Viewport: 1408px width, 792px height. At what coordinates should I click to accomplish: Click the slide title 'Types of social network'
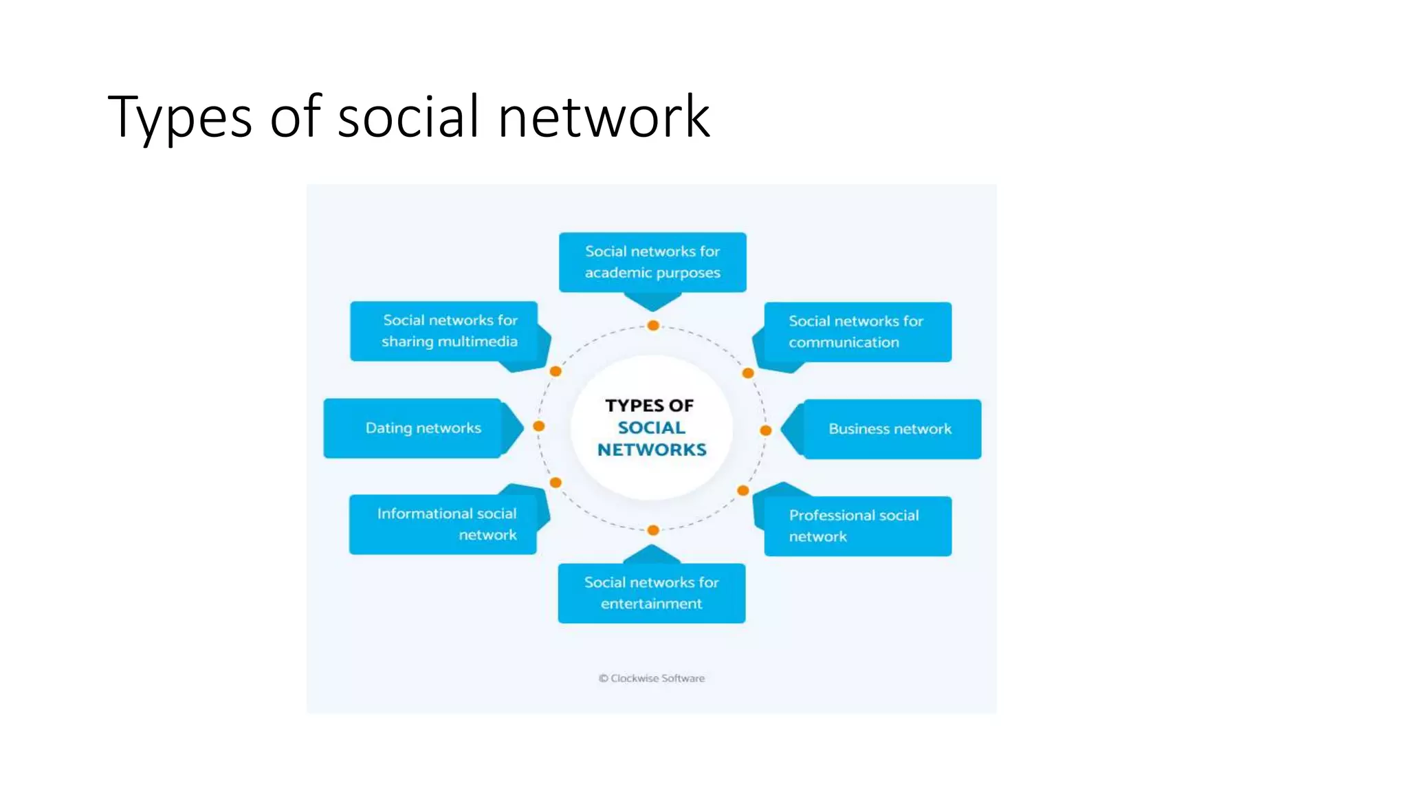coord(408,117)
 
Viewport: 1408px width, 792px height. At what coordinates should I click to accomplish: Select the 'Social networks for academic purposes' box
coord(652,262)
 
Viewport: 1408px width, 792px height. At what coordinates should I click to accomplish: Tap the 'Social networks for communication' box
coord(857,332)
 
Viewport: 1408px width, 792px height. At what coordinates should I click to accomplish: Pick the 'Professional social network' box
coord(857,526)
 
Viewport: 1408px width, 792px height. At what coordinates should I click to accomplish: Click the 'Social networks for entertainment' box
coord(652,593)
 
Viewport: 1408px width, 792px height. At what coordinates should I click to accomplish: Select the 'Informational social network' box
coord(443,525)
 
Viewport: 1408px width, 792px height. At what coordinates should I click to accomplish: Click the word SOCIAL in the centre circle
coord(652,428)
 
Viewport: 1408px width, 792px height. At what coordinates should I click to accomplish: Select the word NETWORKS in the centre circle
coord(652,450)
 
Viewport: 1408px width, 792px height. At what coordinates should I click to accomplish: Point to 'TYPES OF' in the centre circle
coord(650,406)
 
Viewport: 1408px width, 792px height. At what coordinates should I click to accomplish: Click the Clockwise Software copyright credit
coord(652,679)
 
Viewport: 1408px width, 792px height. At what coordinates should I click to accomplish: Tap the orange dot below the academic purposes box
coord(653,325)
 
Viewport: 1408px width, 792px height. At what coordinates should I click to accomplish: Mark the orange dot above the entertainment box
coord(653,530)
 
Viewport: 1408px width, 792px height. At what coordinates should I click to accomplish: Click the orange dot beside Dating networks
coord(539,426)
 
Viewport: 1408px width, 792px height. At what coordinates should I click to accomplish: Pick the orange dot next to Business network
coord(765,430)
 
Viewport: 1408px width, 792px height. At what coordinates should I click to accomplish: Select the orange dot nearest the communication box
coord(748,373)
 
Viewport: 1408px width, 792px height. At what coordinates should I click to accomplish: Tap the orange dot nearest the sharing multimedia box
coord(555,371)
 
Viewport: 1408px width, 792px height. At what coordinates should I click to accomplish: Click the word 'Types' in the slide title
coord(180,117)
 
